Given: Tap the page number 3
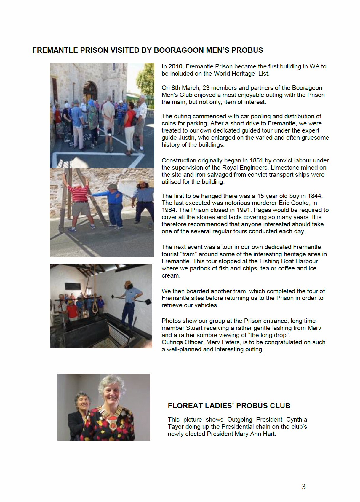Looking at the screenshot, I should (x=303, y=486).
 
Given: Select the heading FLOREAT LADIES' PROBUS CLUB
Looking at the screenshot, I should (x=229, y=406).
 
